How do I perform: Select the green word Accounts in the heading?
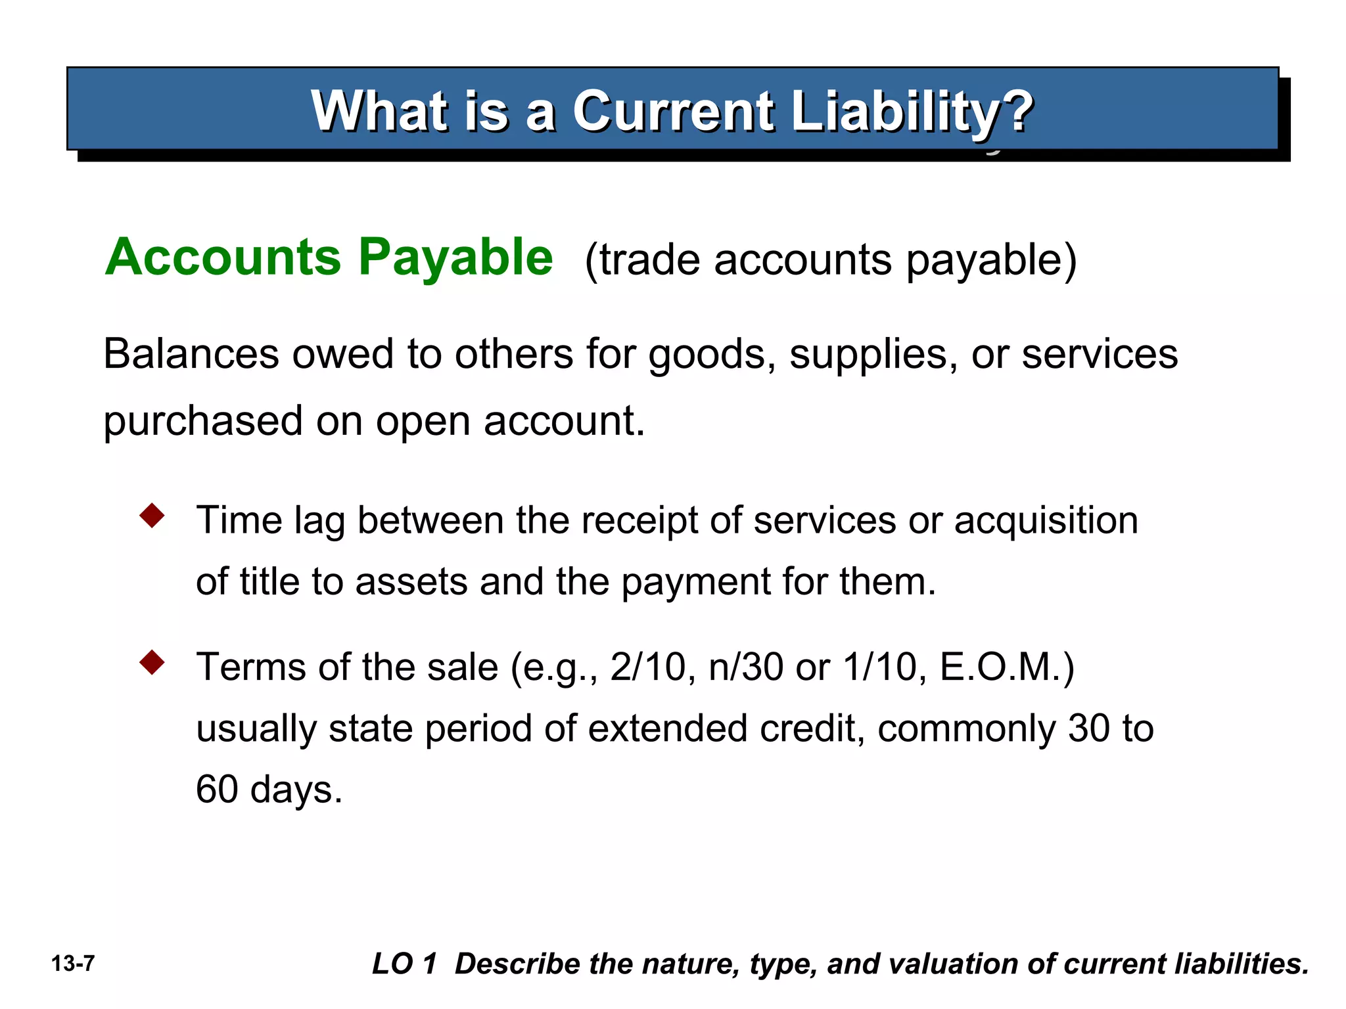(223, 257)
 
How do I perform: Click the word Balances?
(191, 354)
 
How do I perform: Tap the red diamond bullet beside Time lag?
(152, 516)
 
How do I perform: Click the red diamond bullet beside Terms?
(152, 663)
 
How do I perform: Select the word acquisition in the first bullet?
(1046, 521)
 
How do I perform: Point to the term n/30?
(746, 667)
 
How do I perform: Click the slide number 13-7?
(73, 964)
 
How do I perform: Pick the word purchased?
(203, 421)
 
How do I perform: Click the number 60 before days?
(217, 790)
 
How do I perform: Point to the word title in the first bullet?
(269, 582)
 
